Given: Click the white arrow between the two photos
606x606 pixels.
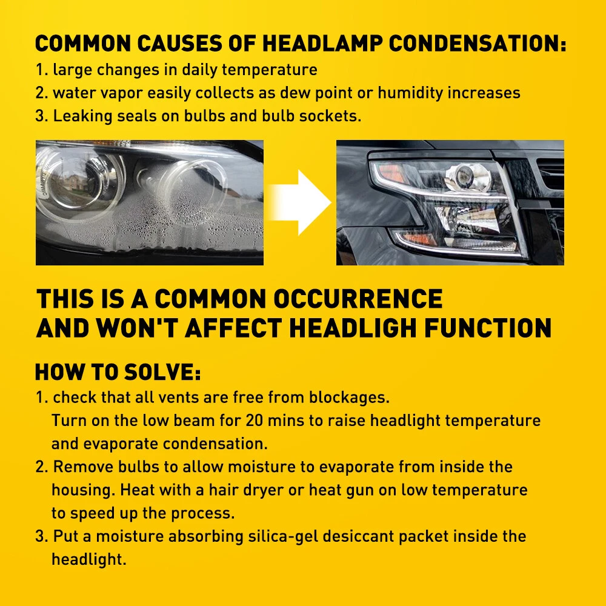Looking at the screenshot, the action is (x=299, y=202).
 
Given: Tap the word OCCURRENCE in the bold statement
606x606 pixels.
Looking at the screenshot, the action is (x=358, y=299).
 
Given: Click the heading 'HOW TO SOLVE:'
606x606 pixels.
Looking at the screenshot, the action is (x=118, y=372).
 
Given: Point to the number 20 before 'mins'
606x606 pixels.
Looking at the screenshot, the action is (x=255, y=421).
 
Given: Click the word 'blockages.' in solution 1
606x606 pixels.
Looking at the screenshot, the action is (x=350, y=398).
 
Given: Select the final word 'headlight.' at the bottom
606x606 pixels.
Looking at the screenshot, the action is (x=89, y=560).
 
